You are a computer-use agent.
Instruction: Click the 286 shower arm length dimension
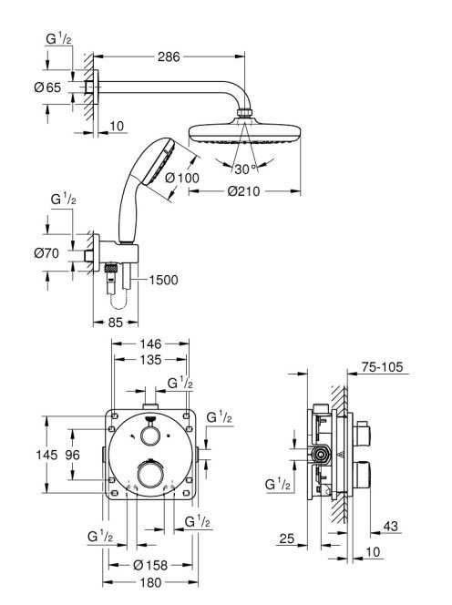pyautogui.click(x=169, y=56)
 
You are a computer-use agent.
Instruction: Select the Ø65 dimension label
pyautogui.click(x=47, y=87)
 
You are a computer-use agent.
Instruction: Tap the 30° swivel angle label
pyautogui.click(x=245, y=169)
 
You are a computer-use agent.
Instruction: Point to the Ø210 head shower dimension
pyautogui.click(x=243, y=191)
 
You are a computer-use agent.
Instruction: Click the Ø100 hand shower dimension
pyautogui.click(x=182, y=178)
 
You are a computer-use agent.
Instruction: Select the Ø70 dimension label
pyautogui.click(x=46, y=253)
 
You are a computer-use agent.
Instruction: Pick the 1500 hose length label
pyautogui.click(x=164, y=280)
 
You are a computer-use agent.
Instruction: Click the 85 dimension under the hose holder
pyautogui.click(x=115, y=323)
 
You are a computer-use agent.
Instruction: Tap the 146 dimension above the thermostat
pyautogui.click(x=150, y=344)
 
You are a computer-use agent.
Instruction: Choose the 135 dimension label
pyautogui.click(x=150, y=360)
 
